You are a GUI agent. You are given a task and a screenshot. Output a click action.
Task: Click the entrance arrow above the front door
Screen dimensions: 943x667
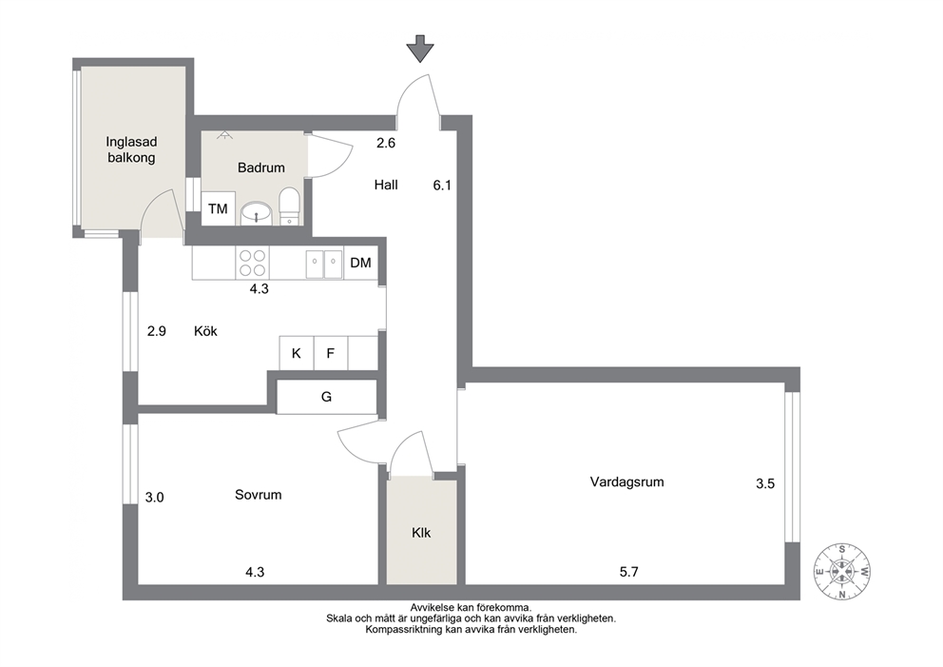coord(420,49)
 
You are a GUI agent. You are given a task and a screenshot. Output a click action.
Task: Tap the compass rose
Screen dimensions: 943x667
coord(842,571)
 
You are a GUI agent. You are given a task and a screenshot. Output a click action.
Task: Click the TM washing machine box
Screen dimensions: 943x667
coord(218,209)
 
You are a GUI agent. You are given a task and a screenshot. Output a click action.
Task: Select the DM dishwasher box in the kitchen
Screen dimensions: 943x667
coord(361,263)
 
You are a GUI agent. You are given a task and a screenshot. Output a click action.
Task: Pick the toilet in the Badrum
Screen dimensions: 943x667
coord(290,206)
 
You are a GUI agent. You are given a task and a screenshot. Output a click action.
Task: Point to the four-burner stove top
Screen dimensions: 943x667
coord(253,263)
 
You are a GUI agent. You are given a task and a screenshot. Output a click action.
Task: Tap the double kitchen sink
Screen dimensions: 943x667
coord(324,263)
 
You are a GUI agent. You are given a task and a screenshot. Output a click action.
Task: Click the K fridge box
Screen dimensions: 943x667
coord(297,353)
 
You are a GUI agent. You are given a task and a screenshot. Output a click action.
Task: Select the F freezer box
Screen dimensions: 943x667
coord(330,353)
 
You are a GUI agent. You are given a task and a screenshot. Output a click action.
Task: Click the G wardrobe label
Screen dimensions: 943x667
coord(327,397)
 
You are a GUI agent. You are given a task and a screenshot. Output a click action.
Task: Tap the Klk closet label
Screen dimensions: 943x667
coord(421,533)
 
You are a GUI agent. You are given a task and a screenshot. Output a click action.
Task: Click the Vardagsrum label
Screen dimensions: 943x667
coord(626,481)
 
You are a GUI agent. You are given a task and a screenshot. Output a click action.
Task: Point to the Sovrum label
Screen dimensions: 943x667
coord(258,495)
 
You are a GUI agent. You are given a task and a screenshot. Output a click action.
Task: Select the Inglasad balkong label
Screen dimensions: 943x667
coord(131,150)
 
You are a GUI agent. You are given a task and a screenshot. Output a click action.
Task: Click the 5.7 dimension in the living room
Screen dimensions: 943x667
coord(629,572)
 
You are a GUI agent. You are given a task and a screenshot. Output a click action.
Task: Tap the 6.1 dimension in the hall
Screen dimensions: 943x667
coord(442,186)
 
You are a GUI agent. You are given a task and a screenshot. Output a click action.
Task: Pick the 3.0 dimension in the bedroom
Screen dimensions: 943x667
coord(155,498)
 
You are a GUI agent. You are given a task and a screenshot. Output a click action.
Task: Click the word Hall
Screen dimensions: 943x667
coord(386,185)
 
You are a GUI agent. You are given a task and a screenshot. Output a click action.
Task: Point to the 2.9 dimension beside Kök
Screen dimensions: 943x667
coord(156,331)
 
